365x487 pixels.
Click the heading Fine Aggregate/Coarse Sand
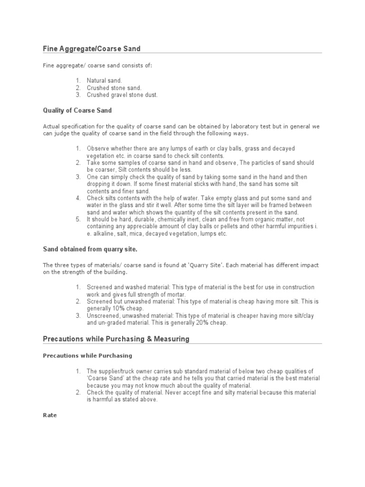(91, 49)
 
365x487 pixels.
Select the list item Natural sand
(104, 81)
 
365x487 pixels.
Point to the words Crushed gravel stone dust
(122, 95)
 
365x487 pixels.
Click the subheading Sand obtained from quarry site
(90, 249)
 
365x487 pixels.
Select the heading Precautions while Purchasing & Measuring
(116, 339)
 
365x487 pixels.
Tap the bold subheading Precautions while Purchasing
(87, 355)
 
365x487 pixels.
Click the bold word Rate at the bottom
(50, 415)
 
